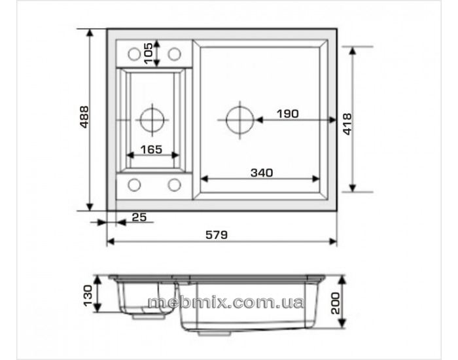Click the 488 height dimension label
[84, 117]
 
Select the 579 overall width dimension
[217, 235]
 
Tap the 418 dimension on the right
[347, 124]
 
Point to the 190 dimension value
[288, 114]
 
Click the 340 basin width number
[262, 173]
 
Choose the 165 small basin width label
[151, 150]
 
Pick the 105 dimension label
[148, 54]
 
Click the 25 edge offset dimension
[139, 217]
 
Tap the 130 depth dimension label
[88, 296]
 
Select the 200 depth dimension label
[335, 303]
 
